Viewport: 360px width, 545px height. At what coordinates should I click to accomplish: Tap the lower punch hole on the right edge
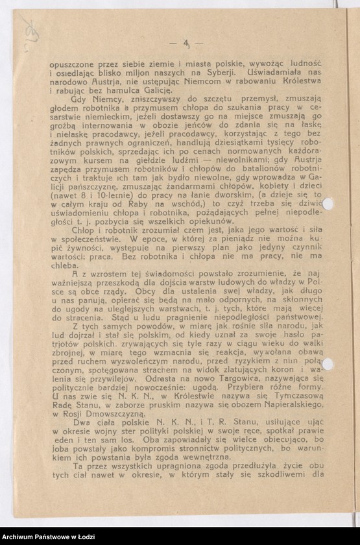(327, 364)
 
